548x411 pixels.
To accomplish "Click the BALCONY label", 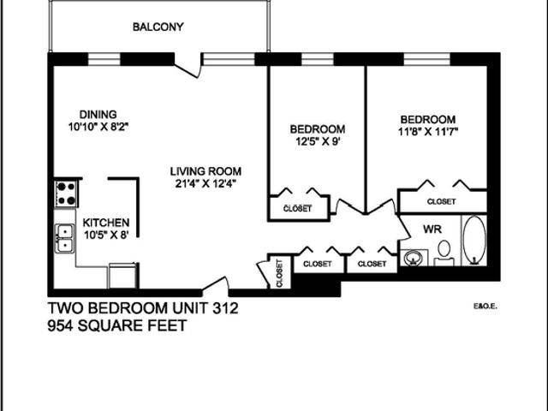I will tap(158, 27).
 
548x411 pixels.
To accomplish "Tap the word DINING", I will tap(98, 115).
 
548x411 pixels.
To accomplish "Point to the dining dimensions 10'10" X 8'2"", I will tap(98, 127).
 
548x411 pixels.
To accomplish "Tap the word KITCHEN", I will tap(106, 222).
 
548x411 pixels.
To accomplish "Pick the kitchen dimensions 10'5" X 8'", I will tap(105, 235).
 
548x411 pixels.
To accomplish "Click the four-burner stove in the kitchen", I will tap(65, 193).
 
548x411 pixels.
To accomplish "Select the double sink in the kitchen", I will tap(64, 239).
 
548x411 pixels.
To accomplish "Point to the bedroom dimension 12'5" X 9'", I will tap(318, 142).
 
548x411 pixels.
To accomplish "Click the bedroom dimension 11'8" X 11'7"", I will tap(427, 133).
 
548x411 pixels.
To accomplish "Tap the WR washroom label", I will tap(432, 229).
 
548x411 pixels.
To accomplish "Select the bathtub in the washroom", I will tap(474, 242).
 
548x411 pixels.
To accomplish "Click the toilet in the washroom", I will tap(444, 252).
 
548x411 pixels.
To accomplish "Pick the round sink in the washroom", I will tap(414, 258).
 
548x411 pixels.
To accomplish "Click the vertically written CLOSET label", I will tap(279, 273).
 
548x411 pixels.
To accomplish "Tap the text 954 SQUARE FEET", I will tap(116, 325).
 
